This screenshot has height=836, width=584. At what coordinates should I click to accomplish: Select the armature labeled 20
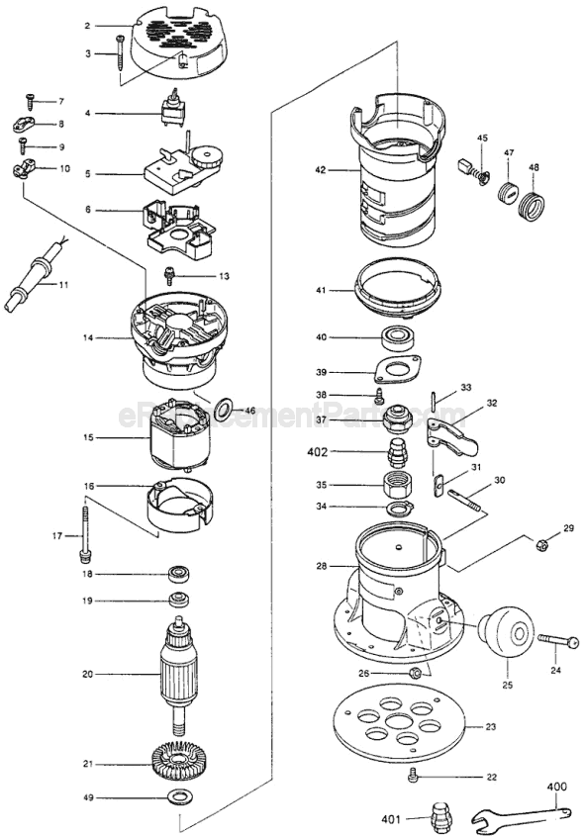click(183, 673)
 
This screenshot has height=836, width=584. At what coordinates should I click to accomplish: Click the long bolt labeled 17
click(86, 535)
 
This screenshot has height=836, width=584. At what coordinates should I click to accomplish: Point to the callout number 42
click(320, 170)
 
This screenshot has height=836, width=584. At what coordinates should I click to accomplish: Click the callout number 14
click(89, 338)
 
